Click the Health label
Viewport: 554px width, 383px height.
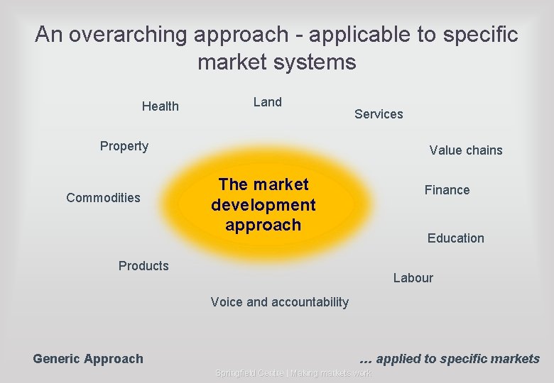pos(161,106)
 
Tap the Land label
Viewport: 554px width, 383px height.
pos(268,102)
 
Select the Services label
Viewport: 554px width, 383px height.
pos(379,114)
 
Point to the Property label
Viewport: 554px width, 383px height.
pos(124,146)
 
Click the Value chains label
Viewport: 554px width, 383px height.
pos(465,150)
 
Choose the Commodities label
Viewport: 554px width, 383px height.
pos(103,198)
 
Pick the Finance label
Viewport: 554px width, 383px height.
pos(447,190)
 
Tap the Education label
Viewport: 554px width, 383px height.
pos(455,238)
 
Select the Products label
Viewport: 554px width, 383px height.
pos(143,266)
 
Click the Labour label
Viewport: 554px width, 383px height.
pos(413,278)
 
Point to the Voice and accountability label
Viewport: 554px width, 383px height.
pos(280,302)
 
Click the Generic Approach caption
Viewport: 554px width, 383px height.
pos(88,359)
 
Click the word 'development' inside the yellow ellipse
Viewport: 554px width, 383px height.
pos(264,205)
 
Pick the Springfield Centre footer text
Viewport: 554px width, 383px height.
pos(293,373)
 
